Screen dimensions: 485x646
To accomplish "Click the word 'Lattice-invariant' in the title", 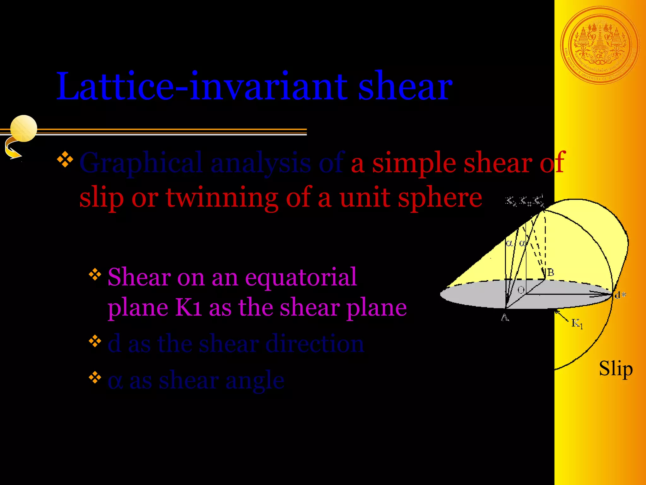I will click(202, 87).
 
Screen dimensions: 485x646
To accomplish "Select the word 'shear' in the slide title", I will click(405, 87).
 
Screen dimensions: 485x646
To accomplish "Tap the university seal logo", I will click(600, 45).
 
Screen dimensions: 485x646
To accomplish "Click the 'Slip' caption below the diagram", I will click(615, 369).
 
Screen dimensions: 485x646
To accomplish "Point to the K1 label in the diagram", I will click(577, 323).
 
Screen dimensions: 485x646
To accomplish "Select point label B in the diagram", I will click(550, 272).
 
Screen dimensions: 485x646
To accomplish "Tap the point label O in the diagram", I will click(521, 290).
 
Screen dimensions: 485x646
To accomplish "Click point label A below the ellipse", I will click(505, 318).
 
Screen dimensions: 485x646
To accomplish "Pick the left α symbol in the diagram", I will click(509, 243).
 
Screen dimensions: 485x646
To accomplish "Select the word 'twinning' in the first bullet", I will click(222, 198).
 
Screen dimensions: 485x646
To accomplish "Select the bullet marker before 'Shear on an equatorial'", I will click(95, 275).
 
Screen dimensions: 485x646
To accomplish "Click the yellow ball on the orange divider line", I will click(24, 128).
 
